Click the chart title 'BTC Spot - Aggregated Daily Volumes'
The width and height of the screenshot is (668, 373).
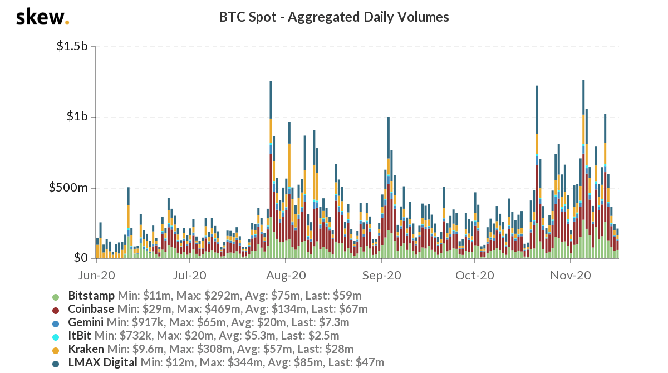pyautogui.click(x=334, y=17)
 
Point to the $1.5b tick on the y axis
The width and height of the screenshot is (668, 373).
pyautogui.click(x=72, y=46)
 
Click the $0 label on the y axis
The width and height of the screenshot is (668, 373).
pyautogui.click(x=81, y=258)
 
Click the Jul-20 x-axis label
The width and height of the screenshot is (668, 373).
pyautogui.click(x=190, y=275)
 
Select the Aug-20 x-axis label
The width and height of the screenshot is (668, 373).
pyautogui.click(x=286, y=275)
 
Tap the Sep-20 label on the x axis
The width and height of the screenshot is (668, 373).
pyautogui.click(x=381, y=275)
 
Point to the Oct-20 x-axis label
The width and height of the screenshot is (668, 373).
pyautogui.click(x=475, y=275)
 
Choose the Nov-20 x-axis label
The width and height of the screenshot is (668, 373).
pyautogui.click(x=571, y=275)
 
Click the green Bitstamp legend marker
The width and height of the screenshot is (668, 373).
pyautogui.click(x=56, y=296)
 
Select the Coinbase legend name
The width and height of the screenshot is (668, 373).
pyautogui.click(x=91, y=309)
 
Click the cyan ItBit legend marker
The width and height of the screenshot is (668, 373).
pyautogui.click(x=56, y=336)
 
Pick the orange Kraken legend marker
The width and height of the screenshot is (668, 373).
pyautogui.click(x=56, y=350)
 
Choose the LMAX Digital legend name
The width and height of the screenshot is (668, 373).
pyautogui.click(x=102, y=363)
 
